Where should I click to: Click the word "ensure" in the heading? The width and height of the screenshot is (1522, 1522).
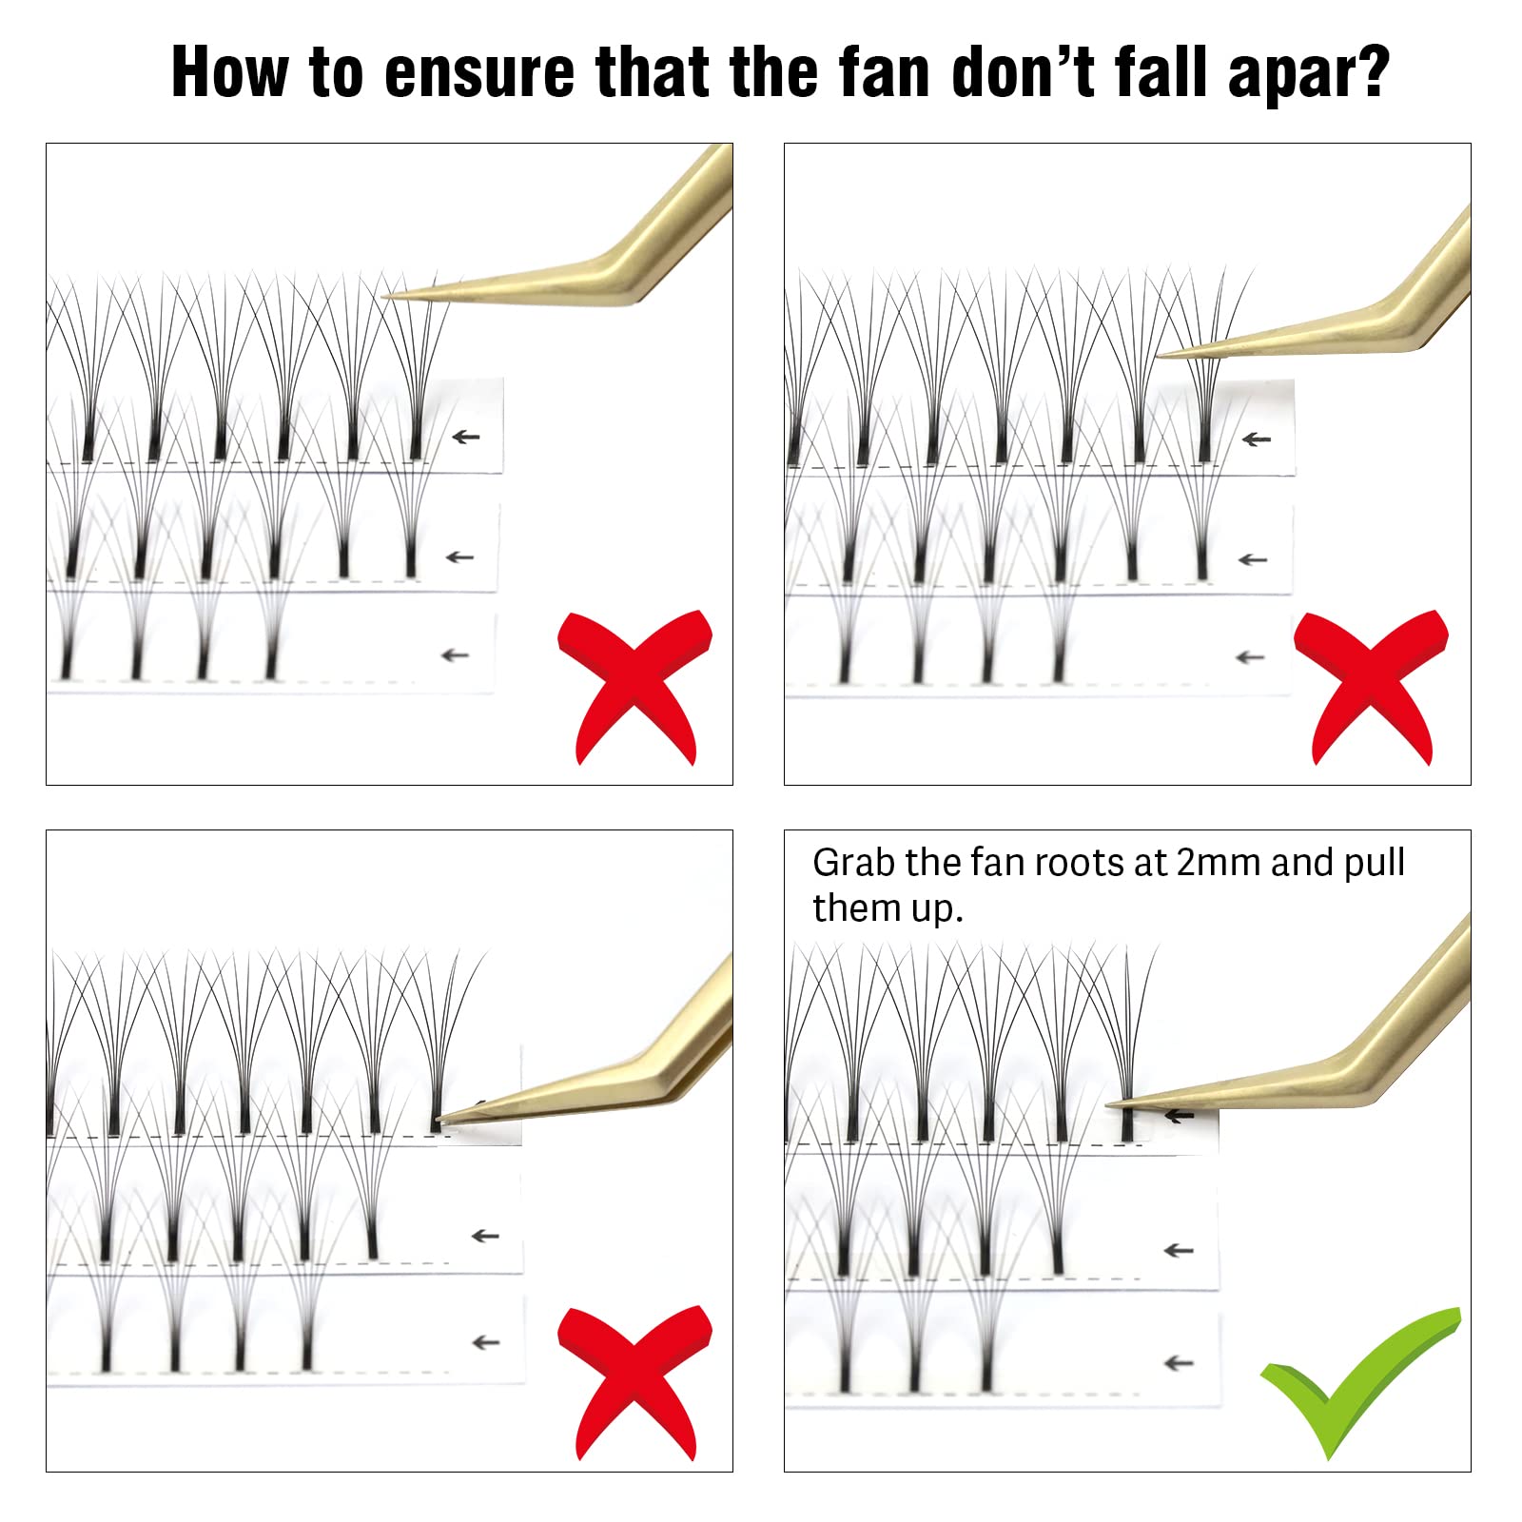tap(478, 72)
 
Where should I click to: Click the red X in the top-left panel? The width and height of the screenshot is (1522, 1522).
tap(635, 687)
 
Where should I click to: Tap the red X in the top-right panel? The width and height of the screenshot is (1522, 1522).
tap(1372, 687)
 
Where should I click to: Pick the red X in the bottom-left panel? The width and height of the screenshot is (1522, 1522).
tap(635, 1383)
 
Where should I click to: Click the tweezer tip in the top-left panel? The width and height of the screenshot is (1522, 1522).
tap(384, 297)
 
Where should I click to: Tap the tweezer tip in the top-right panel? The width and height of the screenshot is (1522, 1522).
tap(1157, 357)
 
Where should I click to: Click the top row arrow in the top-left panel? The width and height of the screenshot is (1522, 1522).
tap(465, 437)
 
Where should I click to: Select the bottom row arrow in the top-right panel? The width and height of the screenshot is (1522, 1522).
tap(1250, 657)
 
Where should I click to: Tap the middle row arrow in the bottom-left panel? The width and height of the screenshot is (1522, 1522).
tap(485, 1236)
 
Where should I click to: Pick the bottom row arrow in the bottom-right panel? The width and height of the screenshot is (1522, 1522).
tap(1179, 1363)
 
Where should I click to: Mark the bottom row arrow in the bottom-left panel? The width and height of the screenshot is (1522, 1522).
tap(485, 1342)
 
